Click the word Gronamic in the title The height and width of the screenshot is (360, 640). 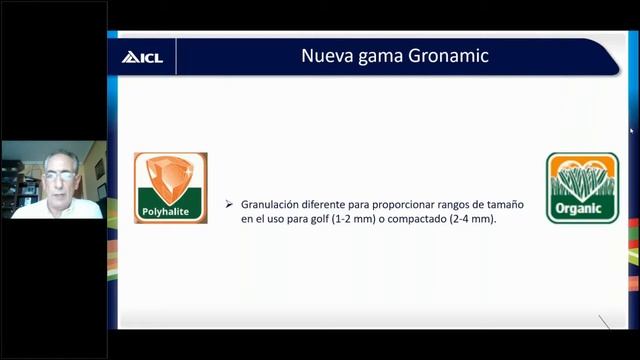tap(450, 56)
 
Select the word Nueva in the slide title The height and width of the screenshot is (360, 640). tap(326, 56)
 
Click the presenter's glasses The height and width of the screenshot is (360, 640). tap(58, 176)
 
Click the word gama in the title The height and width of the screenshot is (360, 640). tap(381, 57)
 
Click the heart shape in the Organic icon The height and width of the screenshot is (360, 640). tap(582, 171)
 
